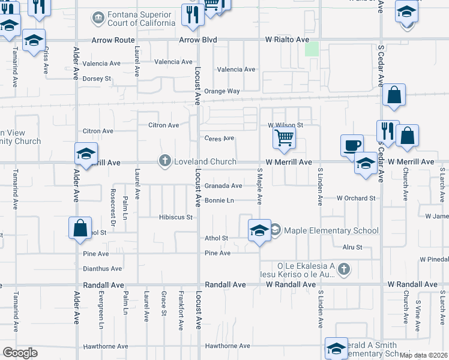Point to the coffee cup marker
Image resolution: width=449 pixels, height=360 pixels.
click(x=352, y=145)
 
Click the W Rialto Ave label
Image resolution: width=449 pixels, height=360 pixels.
click(x=288, y=40)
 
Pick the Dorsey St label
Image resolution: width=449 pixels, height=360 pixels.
click(x=97, y=78)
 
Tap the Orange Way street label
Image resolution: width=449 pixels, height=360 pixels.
click(x=222, y=91)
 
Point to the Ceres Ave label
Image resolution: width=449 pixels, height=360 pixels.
click(x=219, y=138)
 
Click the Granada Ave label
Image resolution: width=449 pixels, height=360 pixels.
click(x=223, y=186)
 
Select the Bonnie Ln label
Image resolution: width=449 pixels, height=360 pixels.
click(x=219, y=200)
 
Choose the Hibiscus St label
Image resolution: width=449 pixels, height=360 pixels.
click(x=175, y=217)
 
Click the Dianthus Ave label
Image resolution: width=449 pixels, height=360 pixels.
click(x=103, y=269)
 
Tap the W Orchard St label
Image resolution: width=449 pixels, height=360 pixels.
click(x=356, y=198)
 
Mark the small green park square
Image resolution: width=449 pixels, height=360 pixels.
click(x=312, y=49)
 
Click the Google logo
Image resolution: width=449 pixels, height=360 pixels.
click(x=20, y=352)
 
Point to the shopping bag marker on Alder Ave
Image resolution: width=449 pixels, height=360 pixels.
click(x=80, y=229)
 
